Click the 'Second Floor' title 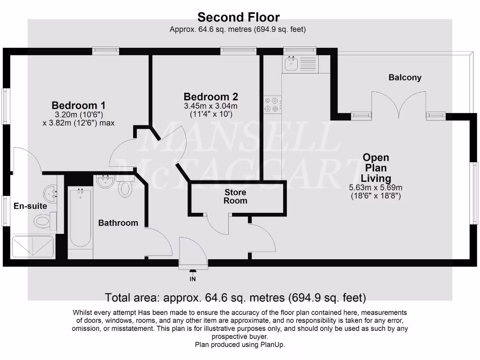239,17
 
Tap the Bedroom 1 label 78,105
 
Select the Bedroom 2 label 210,97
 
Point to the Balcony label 405,78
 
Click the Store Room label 235,196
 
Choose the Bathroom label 118,223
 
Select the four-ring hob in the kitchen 272,104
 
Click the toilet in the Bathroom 125,188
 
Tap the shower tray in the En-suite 32,246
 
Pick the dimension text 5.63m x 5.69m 376,188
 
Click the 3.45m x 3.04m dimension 210,106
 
